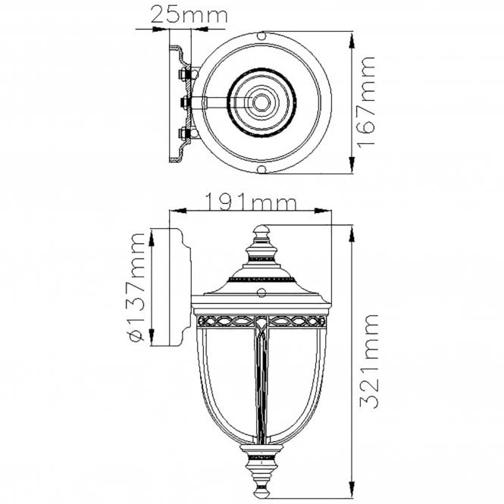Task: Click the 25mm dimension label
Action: pyautogui.click(x=189, y=15)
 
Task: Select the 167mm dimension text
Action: pyautogui.click(x=366, y=102)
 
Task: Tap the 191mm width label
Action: pyautogui.click(x=250, y=202)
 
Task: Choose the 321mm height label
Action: pyautogui.click(x=369, y=362)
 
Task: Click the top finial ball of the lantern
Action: pyautogui.click(x=261, y=230)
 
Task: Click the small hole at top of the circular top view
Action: pyautogui.click(x=262, y=36)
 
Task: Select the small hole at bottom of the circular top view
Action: pyautogui.click(x=262, y=169)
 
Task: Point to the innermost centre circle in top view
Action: pyautogui.click(x=261, y=103)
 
